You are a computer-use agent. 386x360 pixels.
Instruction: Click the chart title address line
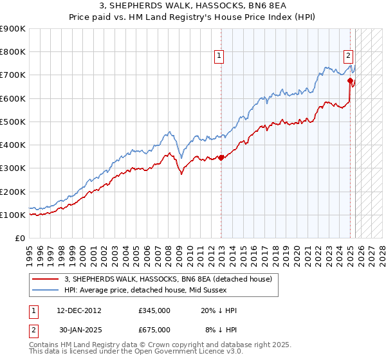click(x=192, y=7)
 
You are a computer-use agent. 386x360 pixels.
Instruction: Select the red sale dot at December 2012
click(x=221, y=157)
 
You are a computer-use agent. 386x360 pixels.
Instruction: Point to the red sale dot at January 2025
click(x=350, y=81)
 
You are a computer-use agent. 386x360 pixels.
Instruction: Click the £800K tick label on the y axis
click(x=13, y=51)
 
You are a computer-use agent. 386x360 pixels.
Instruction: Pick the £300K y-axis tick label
click(x=13, y=168)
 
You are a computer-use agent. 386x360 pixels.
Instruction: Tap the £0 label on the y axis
click(x=19, y=238)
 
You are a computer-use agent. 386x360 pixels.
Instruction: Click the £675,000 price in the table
click(x=154, y=330)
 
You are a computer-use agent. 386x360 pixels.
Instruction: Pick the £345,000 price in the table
click(x=154, y=310)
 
